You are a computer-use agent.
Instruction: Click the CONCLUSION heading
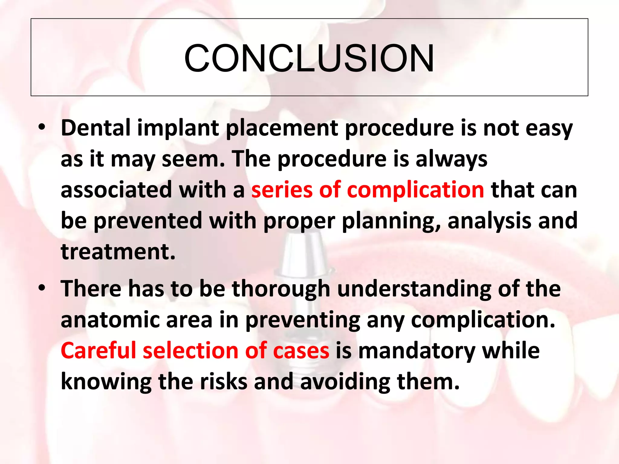309,58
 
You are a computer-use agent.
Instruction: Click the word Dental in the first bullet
96,128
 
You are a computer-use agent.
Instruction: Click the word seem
193,159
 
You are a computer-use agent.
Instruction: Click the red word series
281,190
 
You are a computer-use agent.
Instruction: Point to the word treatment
118,252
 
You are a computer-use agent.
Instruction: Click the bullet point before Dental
42,128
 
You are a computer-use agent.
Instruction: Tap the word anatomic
110,320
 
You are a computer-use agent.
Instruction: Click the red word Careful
98,351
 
